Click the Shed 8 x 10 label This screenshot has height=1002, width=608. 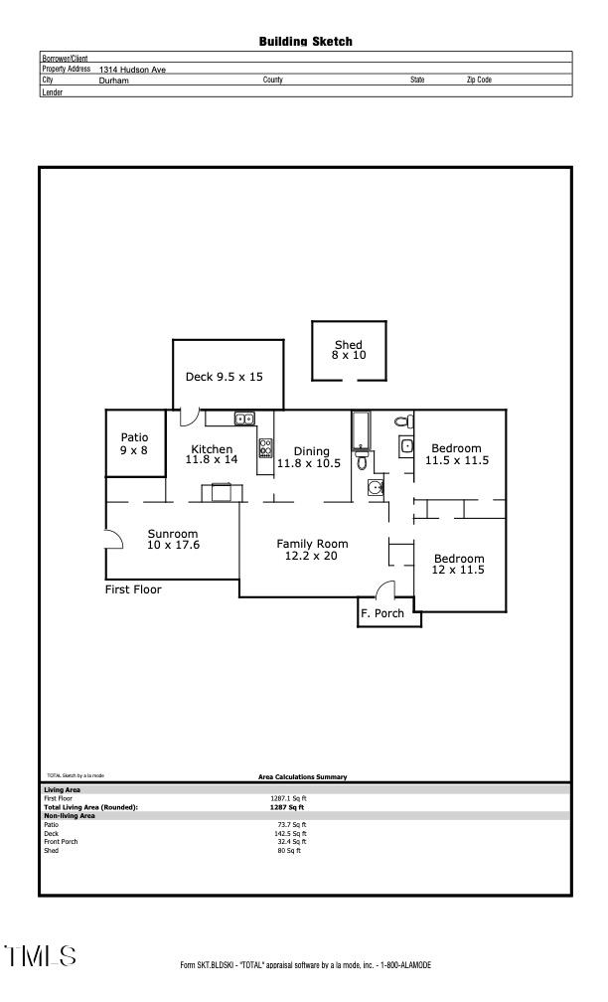click(348, 350)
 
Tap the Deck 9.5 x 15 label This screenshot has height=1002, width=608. click(224, 377)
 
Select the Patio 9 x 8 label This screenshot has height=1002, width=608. click(134, 443)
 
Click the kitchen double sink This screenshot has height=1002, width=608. click(244, 418)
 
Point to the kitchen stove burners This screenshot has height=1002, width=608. click(265, 447)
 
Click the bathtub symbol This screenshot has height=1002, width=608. click(360, 430)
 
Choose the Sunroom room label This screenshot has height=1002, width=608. click(173, 539)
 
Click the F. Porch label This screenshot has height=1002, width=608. click(382, 613)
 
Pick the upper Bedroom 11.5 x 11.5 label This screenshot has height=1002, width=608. click(457, 454)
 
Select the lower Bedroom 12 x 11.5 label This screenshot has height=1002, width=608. click(458, 564)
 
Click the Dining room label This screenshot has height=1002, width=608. click(311, 457)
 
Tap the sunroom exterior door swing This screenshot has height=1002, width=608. click(113, 538)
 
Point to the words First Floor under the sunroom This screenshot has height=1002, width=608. click(133, 589)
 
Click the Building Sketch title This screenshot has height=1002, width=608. click(305, 42)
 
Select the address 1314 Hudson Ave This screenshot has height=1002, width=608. click(132, 70)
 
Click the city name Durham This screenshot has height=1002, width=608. click(114, 80)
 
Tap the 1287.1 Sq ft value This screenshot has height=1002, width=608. click(288, 798)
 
